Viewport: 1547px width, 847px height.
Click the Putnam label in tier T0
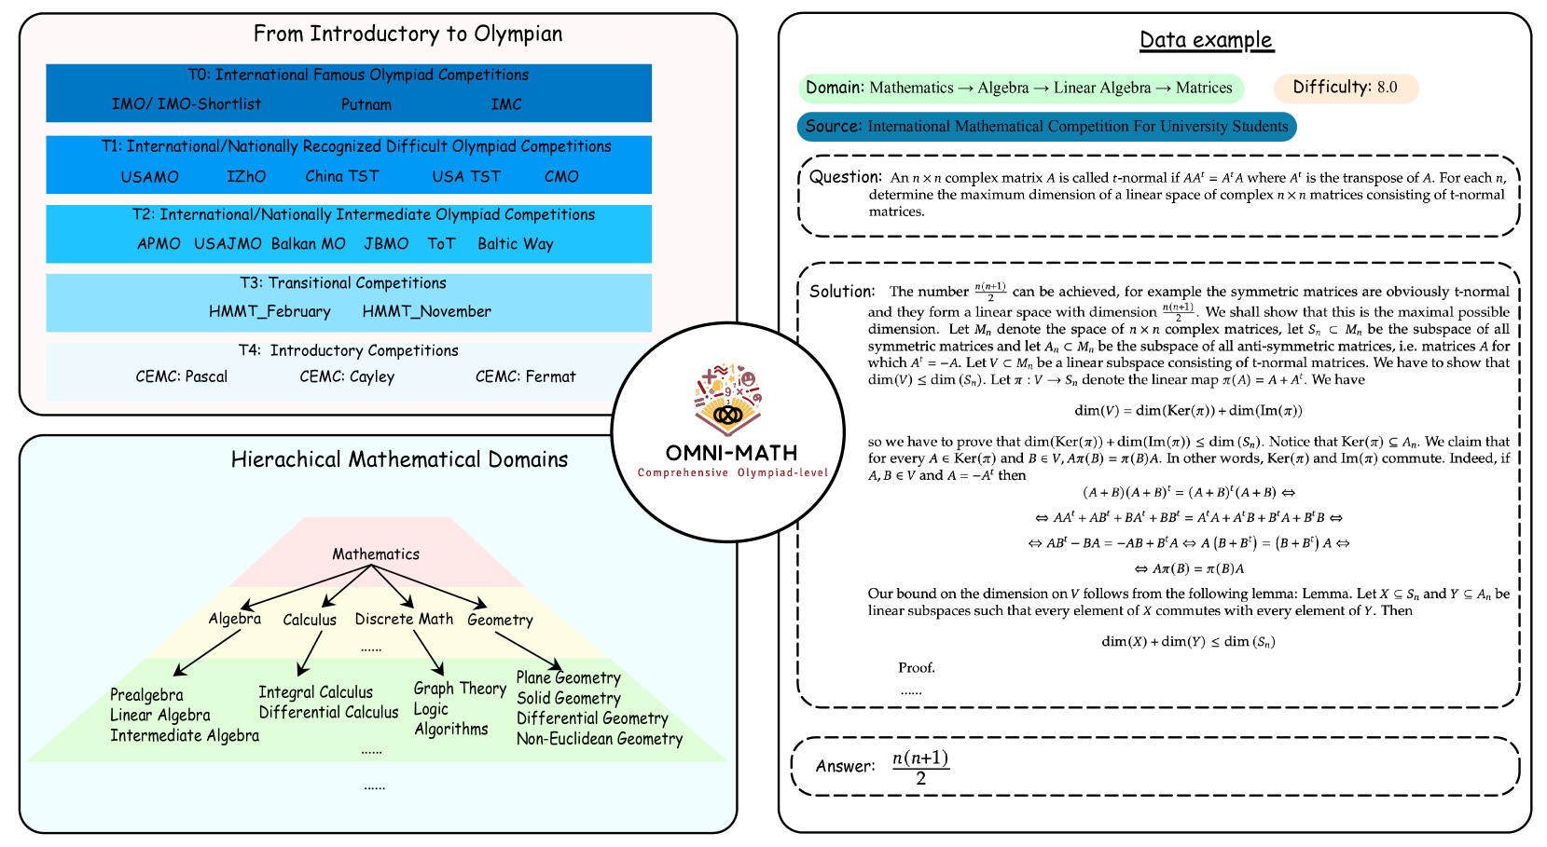(366, 104)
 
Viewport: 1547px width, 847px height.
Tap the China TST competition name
(342, 176)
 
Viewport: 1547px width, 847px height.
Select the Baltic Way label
(516, 244)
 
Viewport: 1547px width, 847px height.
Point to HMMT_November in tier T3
(426, 311)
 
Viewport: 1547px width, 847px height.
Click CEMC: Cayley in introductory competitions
(347, 376)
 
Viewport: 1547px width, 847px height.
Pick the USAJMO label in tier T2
(228, 244)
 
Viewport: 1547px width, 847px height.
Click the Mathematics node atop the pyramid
(376, 554)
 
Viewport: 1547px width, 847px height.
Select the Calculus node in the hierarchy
(310, 620)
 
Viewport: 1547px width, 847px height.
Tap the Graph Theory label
(460, 689)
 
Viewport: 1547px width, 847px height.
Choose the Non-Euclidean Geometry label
(600, 739)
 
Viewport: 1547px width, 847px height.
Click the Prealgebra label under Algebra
(146, 695)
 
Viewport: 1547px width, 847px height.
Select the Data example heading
(1206, 40)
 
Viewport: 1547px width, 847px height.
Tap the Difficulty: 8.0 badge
(1346, 88)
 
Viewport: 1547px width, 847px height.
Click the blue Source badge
(1046, 127)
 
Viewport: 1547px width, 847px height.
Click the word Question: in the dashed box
(845, 177)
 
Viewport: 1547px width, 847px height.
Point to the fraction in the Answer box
(920, 768)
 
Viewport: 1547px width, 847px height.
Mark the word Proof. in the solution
(916, 668)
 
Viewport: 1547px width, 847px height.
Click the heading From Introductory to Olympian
(407, 34)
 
